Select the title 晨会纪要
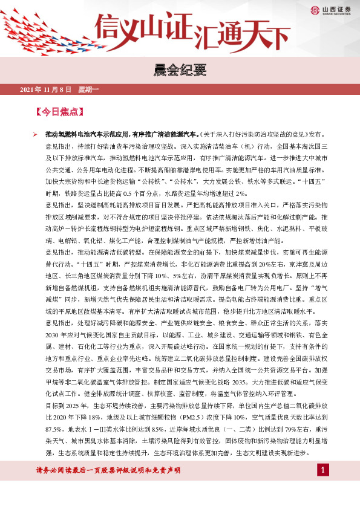(180, 71)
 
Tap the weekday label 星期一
(88, 90)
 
